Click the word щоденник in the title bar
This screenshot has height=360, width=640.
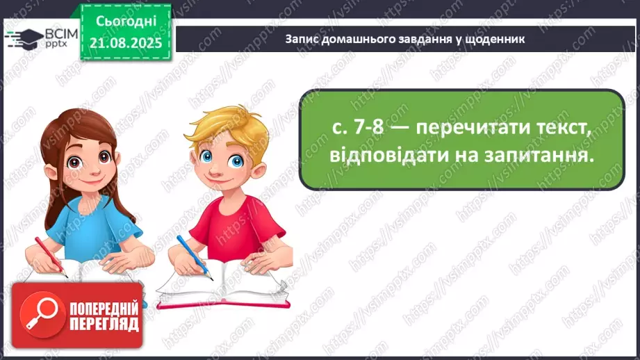[500, 39]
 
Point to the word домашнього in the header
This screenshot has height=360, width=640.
[352, 39]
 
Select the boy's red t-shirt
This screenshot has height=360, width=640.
[236, 229]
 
